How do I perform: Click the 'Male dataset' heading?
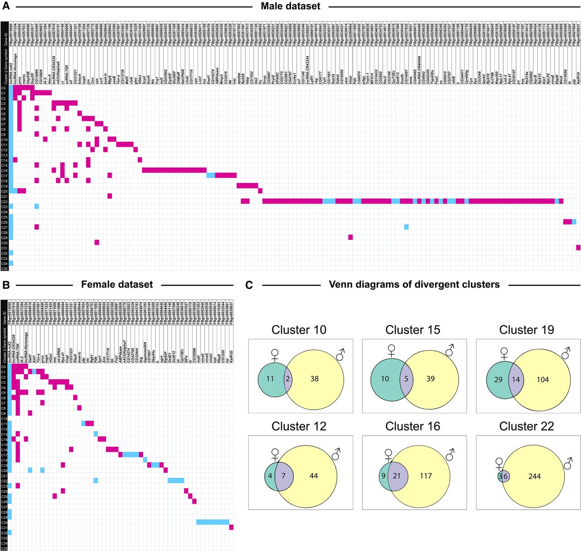tap(290, 6)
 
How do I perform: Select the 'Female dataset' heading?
tap(117, 285)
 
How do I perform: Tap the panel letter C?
tap(249, 285)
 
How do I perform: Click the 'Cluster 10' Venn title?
tap(299, 330)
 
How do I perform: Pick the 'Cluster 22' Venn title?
tap(527, 427)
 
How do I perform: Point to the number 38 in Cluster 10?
tap(314, 379)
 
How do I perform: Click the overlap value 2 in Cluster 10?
tap(288, 379)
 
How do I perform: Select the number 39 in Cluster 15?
tap(430, 379)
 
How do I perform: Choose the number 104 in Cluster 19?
tap(542, 379)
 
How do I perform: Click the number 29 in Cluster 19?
tap(498, 379)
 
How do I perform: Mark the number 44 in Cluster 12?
tap(313, 476)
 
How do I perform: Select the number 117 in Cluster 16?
tap(426, 476)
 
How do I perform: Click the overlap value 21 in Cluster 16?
tap(397, 476)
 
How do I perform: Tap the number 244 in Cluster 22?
tap(534, 477)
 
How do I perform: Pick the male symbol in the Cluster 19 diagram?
tap(566, 352)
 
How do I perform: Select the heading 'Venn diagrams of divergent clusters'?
tap(414, 285)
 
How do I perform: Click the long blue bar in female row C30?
tap(212, 522)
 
